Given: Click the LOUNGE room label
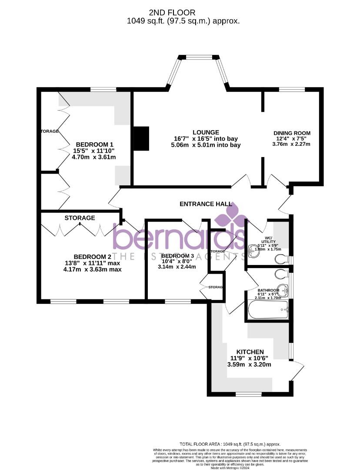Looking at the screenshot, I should point(206,132).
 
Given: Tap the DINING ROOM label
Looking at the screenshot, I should point(292,133).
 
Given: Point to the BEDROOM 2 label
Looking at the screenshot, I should point(93,257).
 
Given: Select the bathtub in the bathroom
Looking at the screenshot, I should point(267,310).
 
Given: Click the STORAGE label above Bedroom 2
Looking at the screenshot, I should point(80,218).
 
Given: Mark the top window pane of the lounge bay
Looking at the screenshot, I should point(200,57).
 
